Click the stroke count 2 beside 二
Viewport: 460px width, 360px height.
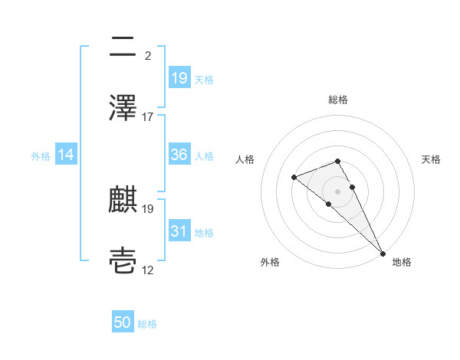(x=147, y=55)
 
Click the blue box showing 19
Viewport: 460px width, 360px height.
(x=179, y=78)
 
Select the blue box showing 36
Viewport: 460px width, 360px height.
(x=179, y=155)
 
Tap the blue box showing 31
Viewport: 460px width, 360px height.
(x=179, y=231)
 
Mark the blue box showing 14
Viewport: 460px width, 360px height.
(x=66, y=155)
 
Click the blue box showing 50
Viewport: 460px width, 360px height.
(x=123, y=323)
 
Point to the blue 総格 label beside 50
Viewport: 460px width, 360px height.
(x=148, y=324)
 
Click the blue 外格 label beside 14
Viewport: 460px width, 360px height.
(x=41, y=155)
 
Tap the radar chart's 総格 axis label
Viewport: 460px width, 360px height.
(x=338, y=100)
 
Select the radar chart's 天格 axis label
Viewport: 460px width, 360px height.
(x=432, y=159)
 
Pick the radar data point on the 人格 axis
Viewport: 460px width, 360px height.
(x=294, y=178)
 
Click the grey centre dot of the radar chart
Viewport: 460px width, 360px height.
(x=338, y=191)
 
